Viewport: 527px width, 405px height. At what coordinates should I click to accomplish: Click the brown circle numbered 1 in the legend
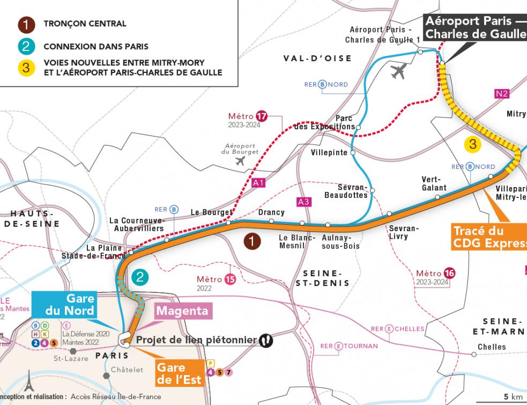[x=25, y=24]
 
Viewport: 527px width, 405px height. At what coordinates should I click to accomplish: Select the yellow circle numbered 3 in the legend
[x=25, y=68]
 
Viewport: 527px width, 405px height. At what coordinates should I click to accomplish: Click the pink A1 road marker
[x=258, y=183]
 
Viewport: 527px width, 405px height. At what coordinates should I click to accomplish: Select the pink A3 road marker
[x=303, y=202]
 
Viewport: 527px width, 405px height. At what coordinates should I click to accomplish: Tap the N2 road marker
[x=502, y=94]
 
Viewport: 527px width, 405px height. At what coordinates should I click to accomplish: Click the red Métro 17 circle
[x=262, y=116]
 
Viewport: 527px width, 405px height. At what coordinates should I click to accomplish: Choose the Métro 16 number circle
[x=449, y=274]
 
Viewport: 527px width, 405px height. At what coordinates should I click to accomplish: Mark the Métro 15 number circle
[x=230, y=279]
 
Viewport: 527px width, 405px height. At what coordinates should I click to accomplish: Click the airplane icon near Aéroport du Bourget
[x=240, y=161]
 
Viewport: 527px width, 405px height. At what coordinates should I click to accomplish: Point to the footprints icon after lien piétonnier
[x=265, y=340]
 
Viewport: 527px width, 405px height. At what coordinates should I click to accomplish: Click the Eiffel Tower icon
[x=28, y=383]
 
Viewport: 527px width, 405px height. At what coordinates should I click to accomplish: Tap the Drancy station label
[x=271, y=212]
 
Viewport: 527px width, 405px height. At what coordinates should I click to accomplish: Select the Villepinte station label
[x=329, y=152]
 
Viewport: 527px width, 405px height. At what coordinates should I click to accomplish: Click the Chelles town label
[x=492, y=347]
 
